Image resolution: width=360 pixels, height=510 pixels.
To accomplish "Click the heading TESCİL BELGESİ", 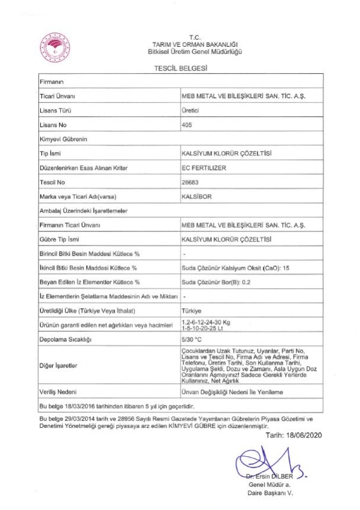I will [179, 69].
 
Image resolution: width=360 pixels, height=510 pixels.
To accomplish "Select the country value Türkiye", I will [192, 309].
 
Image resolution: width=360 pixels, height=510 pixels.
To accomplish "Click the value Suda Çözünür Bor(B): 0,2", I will [217, 282].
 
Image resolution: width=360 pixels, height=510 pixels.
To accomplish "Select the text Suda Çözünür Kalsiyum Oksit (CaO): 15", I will [235, 267].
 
